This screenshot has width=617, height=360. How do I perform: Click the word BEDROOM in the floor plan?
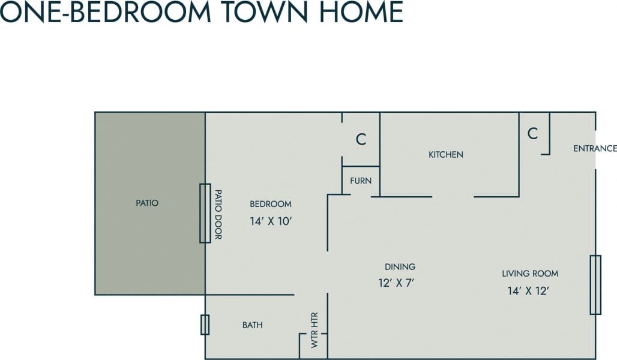(x=271, y=204)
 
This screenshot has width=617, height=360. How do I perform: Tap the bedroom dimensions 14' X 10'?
(x=271, y=221)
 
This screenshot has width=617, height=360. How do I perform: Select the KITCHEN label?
(x=445, y=155)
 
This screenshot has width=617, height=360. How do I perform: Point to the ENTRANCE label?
(x=594, y=149)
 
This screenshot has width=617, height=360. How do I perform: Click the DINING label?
(x=400, y=267)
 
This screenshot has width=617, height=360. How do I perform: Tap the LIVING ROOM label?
(x=530, y=274)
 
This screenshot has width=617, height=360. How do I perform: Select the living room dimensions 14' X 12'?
(x=528, y=291)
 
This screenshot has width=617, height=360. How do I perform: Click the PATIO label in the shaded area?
(x=147, y=203)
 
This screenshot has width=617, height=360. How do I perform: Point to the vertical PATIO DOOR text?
(x=218, y=214)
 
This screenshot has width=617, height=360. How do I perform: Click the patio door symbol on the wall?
(x=205, y=213)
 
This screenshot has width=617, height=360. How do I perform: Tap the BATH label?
(x=252, y=325)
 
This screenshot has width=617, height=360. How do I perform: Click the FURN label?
(x=361, y=181)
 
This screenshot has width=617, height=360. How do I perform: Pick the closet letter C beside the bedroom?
(x=361, y=139)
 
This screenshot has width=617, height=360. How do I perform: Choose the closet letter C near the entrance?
(x=532, y=134)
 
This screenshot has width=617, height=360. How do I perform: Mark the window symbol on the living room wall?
(x=595, y=284)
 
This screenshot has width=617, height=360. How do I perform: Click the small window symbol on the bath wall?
(x=205, y=325)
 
